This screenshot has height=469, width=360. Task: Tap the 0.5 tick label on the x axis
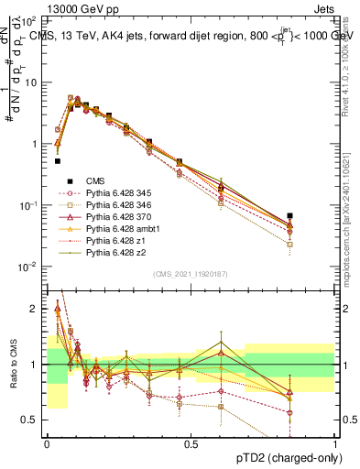click(x=191, y=443)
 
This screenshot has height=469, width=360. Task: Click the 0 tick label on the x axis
click(x=47, y=443)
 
